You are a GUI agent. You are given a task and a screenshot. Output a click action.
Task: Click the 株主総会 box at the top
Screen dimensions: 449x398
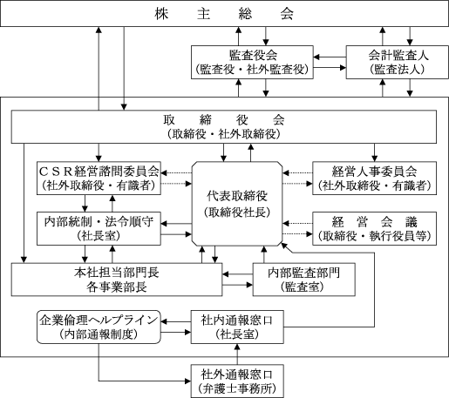[x=224, y=13]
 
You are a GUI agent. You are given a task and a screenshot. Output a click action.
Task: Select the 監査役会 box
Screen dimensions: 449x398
[x=252, y=62]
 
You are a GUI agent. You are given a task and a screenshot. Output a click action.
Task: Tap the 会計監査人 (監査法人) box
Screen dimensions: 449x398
[x=398, y=62]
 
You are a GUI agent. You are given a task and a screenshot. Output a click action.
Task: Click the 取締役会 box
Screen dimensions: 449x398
[x=224, y=126]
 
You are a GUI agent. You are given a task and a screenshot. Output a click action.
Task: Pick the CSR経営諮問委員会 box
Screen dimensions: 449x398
[x=99, y=178]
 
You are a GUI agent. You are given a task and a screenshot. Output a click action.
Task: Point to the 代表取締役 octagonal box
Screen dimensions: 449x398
[x=237, y=204]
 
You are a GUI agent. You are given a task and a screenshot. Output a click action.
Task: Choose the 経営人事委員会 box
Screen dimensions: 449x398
[x=374, y=178]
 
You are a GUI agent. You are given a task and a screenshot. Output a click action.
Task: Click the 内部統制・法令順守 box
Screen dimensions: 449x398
[x=99, y=228]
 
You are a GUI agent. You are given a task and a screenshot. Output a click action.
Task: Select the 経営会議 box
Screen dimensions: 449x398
[x=374, y=228]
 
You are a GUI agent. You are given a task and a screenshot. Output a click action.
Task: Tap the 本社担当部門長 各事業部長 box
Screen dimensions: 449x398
[x=117, y=280]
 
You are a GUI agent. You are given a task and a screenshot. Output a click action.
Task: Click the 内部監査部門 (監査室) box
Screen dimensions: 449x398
[x=304, y=280]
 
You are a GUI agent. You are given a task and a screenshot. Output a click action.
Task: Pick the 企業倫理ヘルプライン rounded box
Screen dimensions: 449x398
[x=99, y=327]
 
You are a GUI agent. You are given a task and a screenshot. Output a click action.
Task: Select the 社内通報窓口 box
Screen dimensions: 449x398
[x=237, y=327]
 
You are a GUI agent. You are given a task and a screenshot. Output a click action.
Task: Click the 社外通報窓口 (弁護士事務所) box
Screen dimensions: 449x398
[x=237, y=381]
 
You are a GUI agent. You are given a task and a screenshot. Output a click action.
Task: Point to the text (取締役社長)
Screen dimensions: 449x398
[x=237, y=212]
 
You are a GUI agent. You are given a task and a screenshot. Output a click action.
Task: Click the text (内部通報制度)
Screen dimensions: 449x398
[x=99, y=334]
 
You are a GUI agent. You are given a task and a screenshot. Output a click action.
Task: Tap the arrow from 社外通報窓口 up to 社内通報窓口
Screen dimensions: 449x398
[x=237, y=354]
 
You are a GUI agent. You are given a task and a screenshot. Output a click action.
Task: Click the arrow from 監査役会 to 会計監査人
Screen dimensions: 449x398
[x=330, y=68]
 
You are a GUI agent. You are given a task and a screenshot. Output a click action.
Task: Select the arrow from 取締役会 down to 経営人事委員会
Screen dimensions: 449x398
[x=374, y=152]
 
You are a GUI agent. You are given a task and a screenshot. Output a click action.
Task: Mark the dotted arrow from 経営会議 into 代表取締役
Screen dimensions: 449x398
[x=297, y=224]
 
